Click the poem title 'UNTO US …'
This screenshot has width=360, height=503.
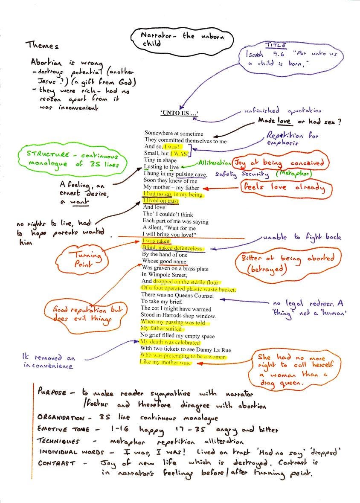(x=180, y=113)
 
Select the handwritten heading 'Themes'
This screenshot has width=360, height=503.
(x=42, y=45)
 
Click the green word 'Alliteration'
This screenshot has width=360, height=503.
(x=213, y=163)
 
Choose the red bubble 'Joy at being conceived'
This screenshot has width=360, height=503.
(x=281, y=163)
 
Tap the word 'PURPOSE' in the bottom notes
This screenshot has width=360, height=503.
(x=52, y=392)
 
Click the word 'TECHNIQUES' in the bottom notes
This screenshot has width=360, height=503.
(x=59, y=441)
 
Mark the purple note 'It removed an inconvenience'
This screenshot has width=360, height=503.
(x=48, y=362)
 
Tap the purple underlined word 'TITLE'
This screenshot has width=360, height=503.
(x=276, y=45)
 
